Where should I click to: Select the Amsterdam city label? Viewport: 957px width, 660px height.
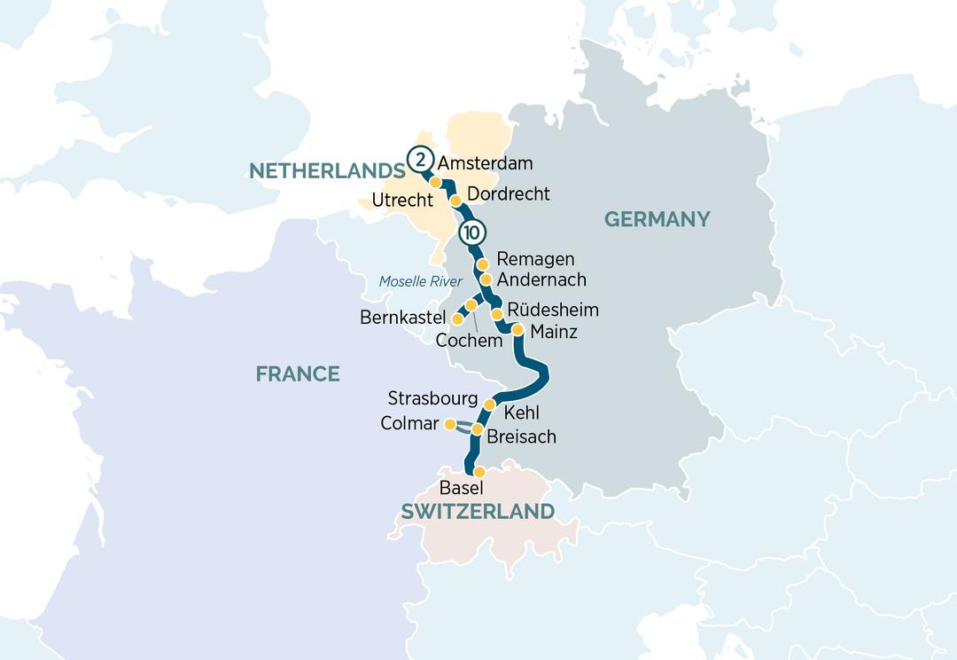[486, 163]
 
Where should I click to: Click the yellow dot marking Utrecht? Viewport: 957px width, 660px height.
[436, 183]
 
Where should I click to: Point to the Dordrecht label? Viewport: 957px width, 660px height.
[508, 193]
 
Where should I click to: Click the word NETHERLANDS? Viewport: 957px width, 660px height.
[321, 171]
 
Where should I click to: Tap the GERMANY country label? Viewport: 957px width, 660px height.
[657, 219]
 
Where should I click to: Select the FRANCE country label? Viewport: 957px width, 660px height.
[298, 373]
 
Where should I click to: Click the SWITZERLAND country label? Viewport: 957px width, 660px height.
[478, 512]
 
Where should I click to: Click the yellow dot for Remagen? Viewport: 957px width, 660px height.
[482, 264]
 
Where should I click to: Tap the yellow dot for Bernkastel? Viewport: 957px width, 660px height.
[458, 318]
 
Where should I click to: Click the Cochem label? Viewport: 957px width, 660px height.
[469, 341]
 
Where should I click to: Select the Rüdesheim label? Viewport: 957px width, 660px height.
[553, 310]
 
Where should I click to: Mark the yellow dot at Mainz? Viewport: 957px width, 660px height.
[517, 329]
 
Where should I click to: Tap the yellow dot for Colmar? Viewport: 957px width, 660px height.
[450, 423]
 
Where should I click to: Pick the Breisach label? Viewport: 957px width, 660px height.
[522, 437]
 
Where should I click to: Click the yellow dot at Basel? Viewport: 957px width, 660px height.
[478, 472]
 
